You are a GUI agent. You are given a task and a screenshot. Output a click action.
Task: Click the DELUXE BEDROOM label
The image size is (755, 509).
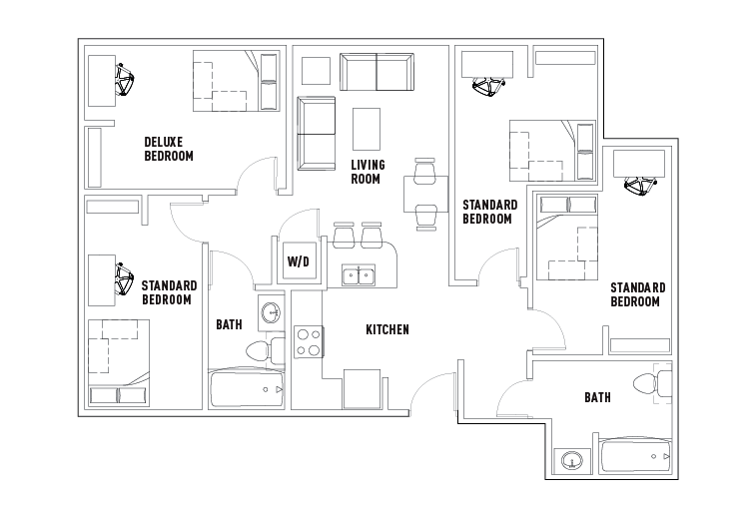169,149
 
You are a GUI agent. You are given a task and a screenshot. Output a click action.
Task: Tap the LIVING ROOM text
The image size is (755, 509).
367,172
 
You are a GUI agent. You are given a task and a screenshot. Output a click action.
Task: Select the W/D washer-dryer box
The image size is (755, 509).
299,261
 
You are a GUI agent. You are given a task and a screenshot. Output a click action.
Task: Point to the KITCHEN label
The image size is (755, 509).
387,329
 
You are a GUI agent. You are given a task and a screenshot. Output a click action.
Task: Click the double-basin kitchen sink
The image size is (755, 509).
358,274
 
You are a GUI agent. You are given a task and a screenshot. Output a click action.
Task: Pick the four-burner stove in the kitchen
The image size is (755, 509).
308,342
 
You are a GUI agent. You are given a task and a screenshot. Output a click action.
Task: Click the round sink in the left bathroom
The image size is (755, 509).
270,313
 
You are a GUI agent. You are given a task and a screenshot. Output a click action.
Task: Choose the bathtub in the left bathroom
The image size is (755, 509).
247,389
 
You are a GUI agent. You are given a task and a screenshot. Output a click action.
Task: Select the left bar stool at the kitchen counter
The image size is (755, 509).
345,235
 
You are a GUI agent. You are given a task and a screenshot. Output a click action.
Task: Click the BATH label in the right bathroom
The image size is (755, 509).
598,397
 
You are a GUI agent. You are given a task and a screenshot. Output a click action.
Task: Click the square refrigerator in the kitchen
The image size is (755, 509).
361,388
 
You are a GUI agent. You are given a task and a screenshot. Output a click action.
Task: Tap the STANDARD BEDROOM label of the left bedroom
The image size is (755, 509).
169,292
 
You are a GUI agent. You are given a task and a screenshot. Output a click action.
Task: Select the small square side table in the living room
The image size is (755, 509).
316,71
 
